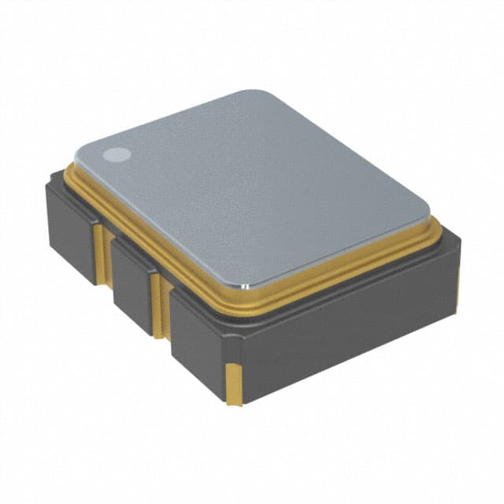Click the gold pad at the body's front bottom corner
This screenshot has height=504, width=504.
point(234,384)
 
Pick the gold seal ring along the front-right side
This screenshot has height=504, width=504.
point(346,264)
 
